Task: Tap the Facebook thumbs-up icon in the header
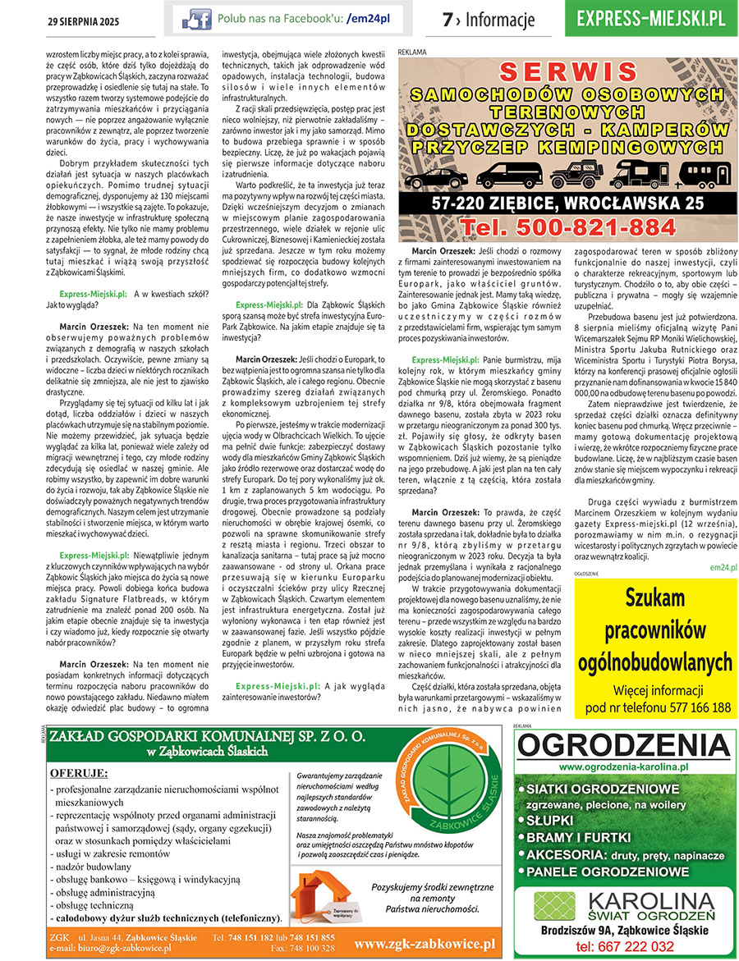point(196,17)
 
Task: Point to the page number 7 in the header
point(448,19)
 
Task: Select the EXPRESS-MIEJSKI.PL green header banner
point(650,18)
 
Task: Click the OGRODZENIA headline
point(623,746)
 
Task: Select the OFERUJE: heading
point(79,772)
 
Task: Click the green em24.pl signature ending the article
point(723,567)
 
